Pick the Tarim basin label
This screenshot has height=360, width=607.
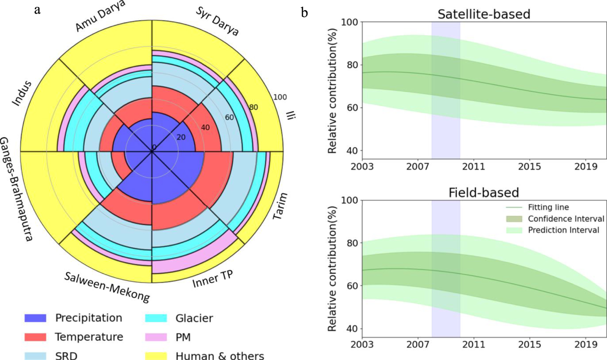click(280, 206)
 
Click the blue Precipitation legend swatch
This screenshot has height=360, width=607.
click(35, 318)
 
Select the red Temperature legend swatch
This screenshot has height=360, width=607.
click(35, 337)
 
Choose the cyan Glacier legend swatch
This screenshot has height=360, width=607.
click(156, 318)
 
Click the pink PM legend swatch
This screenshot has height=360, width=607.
click(156, 337)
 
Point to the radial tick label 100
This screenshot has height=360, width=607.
click(280, 97)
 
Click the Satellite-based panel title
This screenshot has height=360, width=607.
click(483, 14)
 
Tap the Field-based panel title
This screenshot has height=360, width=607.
click(483, 193)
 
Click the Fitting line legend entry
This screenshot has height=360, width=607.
click(548, 207)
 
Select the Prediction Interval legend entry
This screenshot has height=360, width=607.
click(563, 230)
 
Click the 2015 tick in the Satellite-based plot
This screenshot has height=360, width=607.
click(529, 167)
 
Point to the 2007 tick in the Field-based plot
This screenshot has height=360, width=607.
click(418, 344)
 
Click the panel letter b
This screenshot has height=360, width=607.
click(304, 13)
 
